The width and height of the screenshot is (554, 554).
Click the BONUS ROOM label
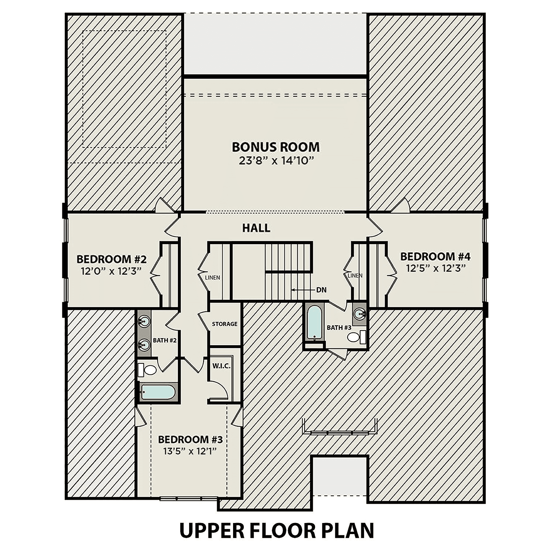click(x=276, y=147)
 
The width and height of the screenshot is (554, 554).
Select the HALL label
click(x=256, y=228)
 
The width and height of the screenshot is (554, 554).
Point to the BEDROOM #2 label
click(x=112, y=259)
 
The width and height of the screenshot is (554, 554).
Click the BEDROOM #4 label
click(x=435, y=256)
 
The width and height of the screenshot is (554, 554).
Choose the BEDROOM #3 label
click(x=190, y=440)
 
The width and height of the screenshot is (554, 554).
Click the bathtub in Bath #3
click(x=314, y=323)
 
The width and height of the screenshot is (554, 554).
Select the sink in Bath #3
click(x=359, y=314)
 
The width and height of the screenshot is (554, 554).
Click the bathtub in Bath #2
click(x=158, y=392)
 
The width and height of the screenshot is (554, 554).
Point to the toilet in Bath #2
click(x=147, y=370)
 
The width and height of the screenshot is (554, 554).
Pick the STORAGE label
click(x=225, y=324)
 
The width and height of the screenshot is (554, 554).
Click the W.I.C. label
click(x=221, y=366)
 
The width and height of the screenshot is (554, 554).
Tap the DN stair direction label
click(x=321, y=290)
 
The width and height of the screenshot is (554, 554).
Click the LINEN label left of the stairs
click(x=212, y=277)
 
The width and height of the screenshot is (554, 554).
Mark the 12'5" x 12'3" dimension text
click(x=435, y=268)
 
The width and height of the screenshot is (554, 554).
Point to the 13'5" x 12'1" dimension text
click(x=189, y=451)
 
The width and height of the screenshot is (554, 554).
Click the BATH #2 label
click(x=165, y=340)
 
